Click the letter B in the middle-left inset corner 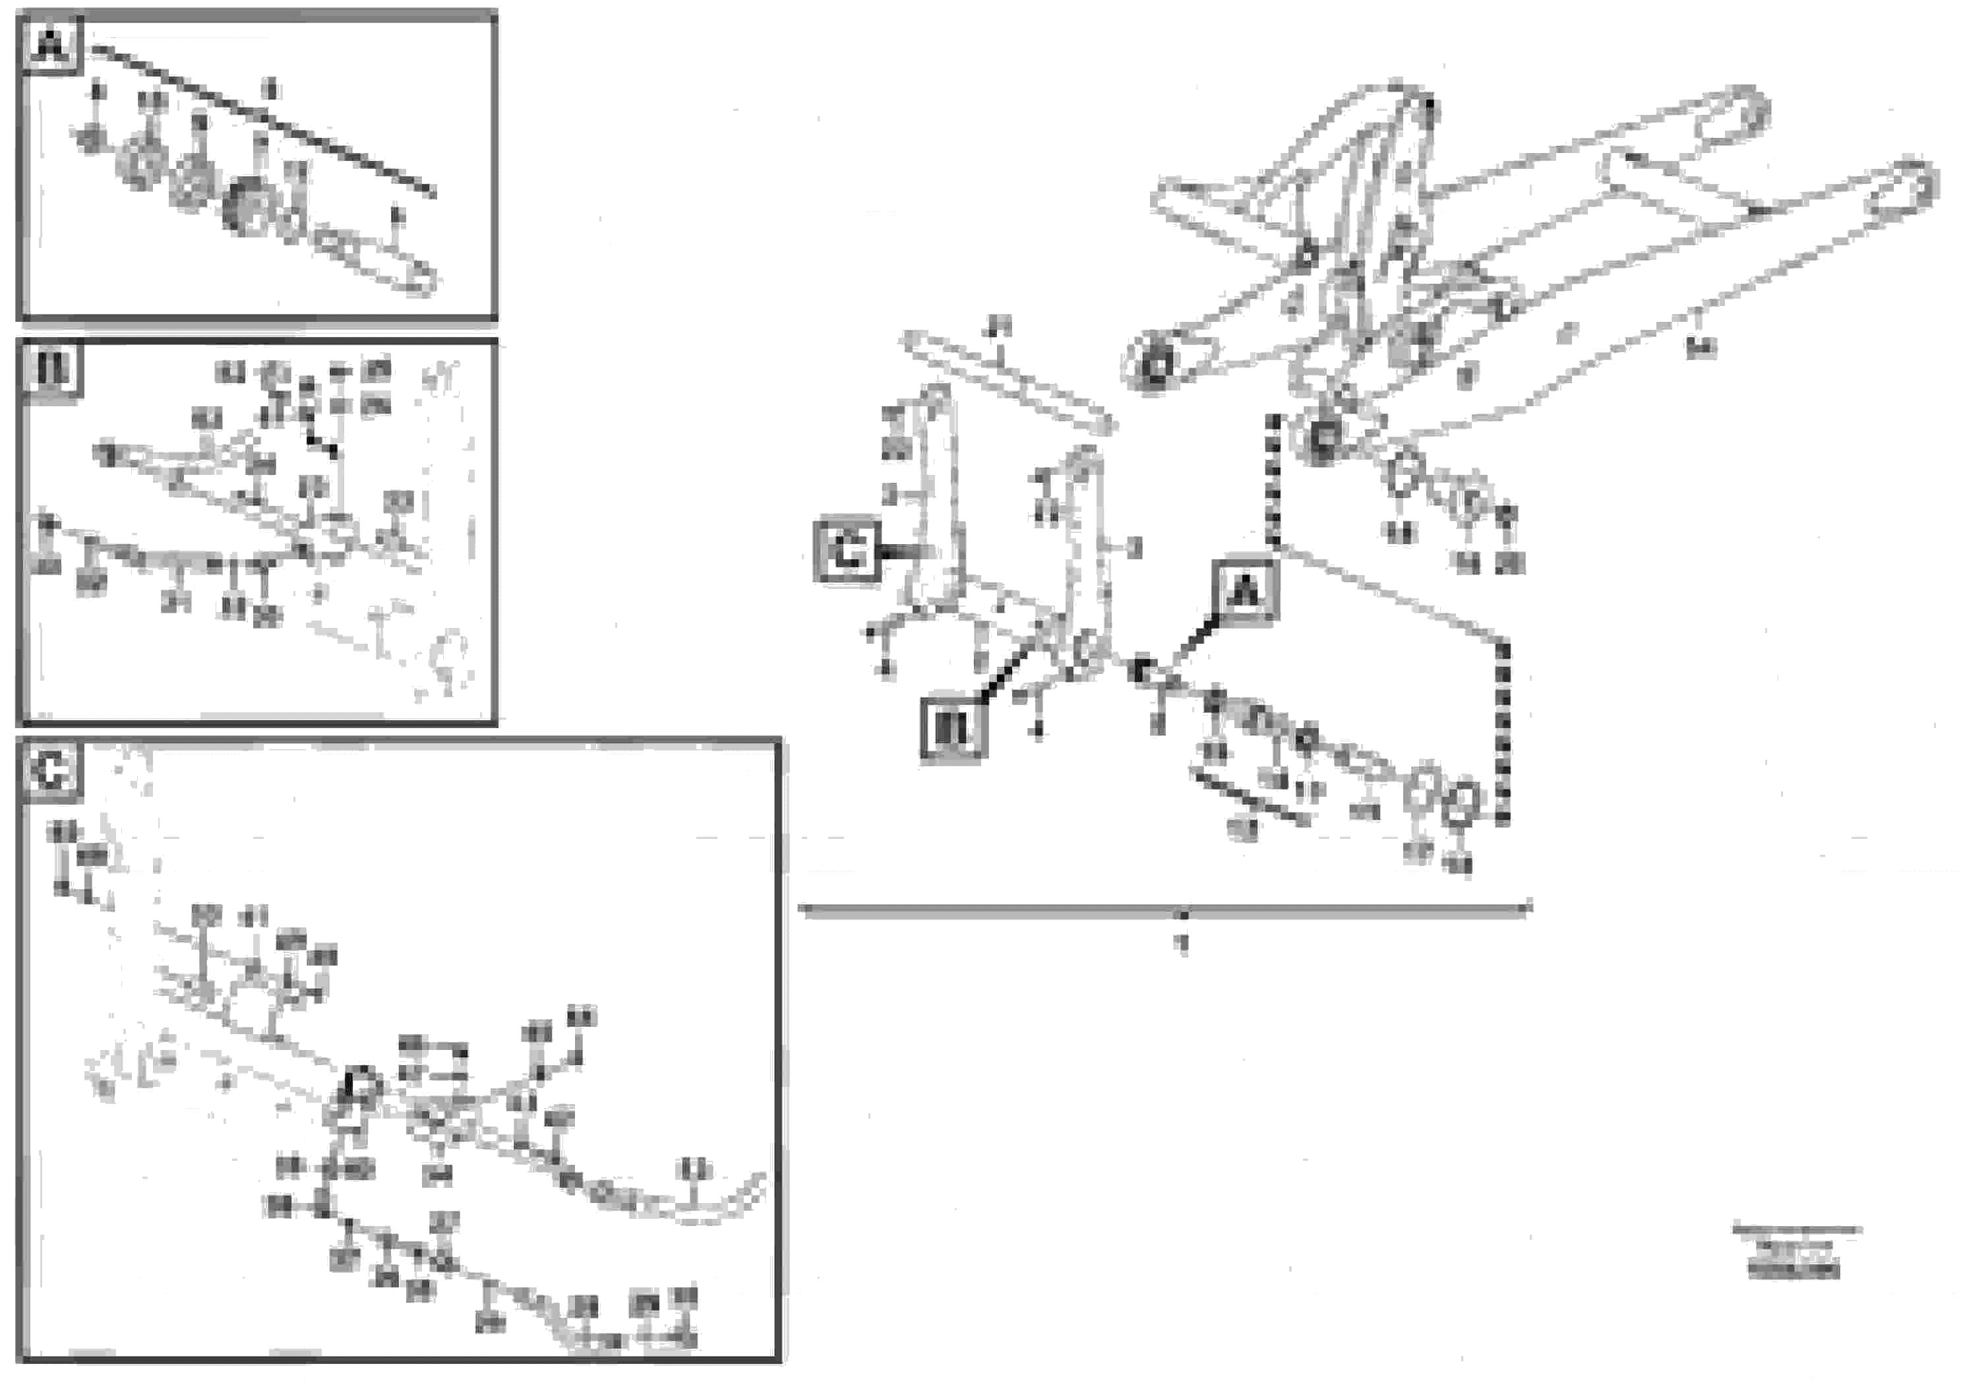tap(51, 371)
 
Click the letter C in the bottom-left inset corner tap(51, 772)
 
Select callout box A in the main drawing tap(1245, 590)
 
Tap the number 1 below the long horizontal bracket tap(1183, 944)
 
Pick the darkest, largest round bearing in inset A tap(248, 208)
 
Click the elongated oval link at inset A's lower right tap(377, 260)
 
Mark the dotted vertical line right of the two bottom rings tap(1504, 731)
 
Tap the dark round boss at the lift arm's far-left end tap(1156, 367)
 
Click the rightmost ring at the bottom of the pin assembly tap(1459, 804)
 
